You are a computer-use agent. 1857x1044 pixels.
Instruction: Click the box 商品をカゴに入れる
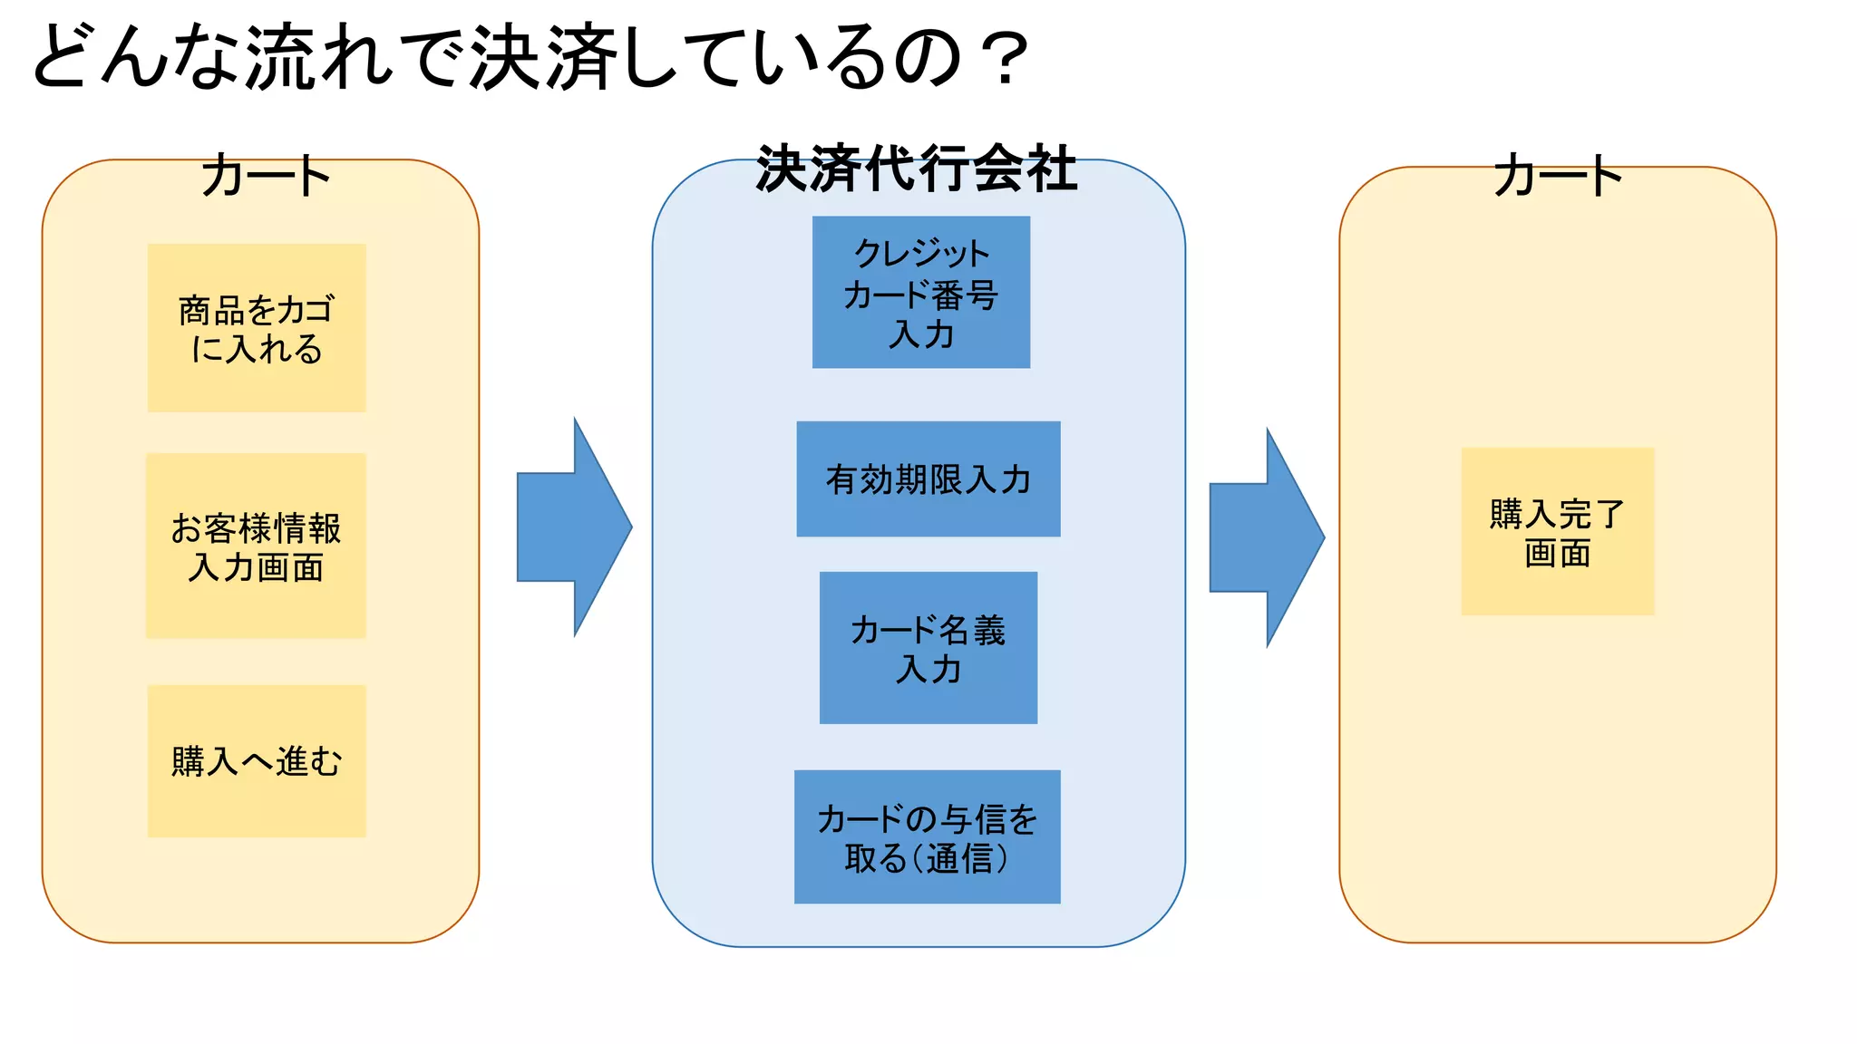click(257, 328)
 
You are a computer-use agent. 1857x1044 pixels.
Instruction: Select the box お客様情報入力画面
click(256, 546)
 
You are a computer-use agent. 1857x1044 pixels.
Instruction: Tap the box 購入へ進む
click(257, 761)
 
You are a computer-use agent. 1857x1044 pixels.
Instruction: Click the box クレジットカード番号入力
click(920, 292)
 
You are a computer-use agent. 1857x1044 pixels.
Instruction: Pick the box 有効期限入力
click(928, 478)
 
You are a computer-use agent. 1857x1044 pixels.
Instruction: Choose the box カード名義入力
click(928, 648)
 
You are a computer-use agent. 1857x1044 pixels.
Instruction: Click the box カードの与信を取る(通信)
click(927, 836)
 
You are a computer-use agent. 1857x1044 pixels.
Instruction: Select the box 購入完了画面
click(1557, 532)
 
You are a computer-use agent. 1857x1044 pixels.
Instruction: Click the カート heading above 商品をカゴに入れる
click(265, 176)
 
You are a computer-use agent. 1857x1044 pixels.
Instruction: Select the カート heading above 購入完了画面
click(1557, 176)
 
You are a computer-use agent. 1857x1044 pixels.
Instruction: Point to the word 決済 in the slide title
click(544, 59)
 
